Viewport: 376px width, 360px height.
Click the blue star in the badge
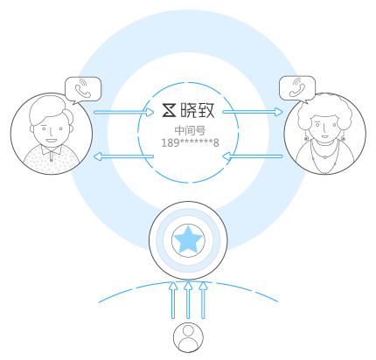click(188, 240)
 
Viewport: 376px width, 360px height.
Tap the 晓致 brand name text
click(198, 110)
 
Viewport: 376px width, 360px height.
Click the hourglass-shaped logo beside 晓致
click(169, 110)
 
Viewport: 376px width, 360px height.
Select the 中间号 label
click(190, 130)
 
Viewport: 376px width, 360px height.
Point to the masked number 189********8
click(190, 143)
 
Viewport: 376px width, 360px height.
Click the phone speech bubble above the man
click(83, 90)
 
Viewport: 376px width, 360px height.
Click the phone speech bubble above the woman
click(297, 89)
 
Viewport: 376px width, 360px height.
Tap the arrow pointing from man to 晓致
click(124, 112)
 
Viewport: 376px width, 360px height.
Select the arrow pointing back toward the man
click(123, 156)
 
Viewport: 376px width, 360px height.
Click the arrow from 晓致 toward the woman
click(253, 112)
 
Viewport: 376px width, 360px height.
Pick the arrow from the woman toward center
click(253, 156)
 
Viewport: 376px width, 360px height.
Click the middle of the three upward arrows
click(188, 300)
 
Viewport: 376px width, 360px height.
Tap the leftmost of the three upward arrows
click(173, 300)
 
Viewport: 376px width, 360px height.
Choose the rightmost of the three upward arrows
click(203, 300)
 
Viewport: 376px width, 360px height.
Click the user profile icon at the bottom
click(188, 337)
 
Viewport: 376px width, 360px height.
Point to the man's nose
click(52, 132)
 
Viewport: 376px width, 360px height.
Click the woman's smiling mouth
click(324, 136)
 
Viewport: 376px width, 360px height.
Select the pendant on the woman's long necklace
click(325, 157)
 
